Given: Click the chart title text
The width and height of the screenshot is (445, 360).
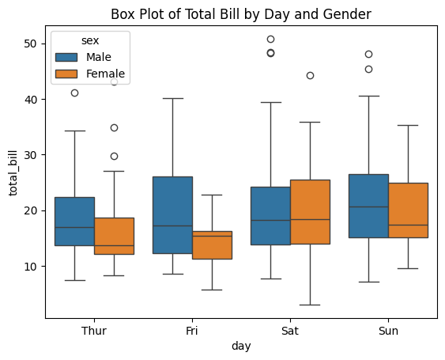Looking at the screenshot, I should pyautogui.click(x=240, y=13).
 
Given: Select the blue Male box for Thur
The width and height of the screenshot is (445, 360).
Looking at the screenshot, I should pyautogui.click(x=74, y=221).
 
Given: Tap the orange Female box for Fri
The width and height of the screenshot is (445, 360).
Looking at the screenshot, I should pyautogui.click(x=212, y=244).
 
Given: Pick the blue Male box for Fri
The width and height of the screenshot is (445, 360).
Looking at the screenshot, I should pyautogui.click(x=172, y=214).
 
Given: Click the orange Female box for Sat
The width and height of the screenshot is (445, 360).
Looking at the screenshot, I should pyautogui.click(x=310, y=211).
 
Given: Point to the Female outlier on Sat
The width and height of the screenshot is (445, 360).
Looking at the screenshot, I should pyautogui.click(x=310, y=75).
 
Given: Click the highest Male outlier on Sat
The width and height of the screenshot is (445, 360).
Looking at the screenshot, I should pyautogui.click(x=270, y=39).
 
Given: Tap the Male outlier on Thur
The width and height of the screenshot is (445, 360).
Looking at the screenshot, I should pyautogui.click(x=74, y=93).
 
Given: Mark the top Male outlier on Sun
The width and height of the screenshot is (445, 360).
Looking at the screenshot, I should pyautogui.click(x=368, y=54).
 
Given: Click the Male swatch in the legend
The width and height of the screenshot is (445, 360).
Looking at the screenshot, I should pyautogui.click(x=66, y=57).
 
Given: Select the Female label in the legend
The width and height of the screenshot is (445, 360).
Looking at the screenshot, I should pyautogui.click(x=105, y=74).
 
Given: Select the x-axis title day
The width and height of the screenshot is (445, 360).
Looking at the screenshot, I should pyautogui.click(x=241, y=347).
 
